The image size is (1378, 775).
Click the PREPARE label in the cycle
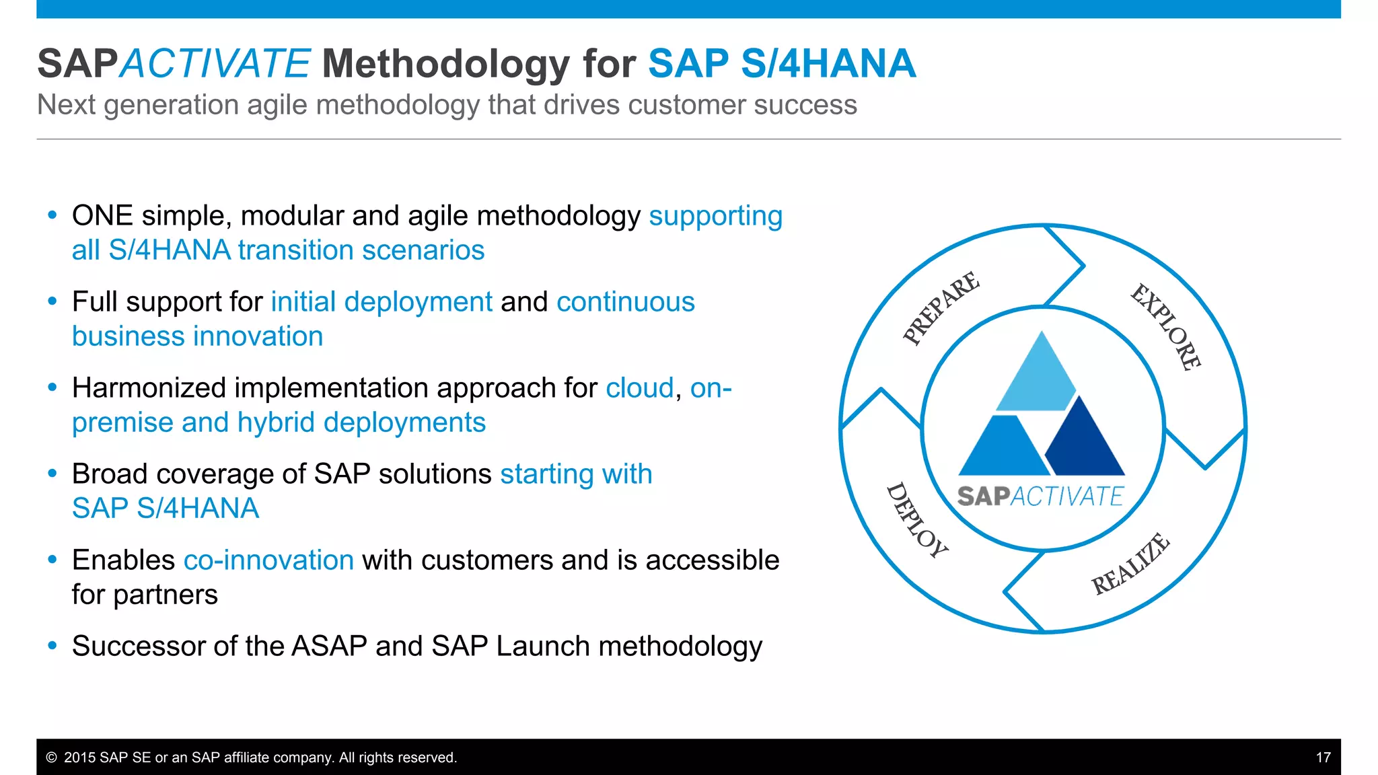941,308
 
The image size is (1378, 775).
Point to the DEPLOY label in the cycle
916,521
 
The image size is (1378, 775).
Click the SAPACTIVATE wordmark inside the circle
1040,496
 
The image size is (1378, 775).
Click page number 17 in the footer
1323,758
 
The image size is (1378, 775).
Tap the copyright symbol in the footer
51,758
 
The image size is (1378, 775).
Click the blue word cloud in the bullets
639,388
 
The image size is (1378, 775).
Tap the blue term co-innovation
268,560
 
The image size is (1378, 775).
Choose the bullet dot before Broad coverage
52,474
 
